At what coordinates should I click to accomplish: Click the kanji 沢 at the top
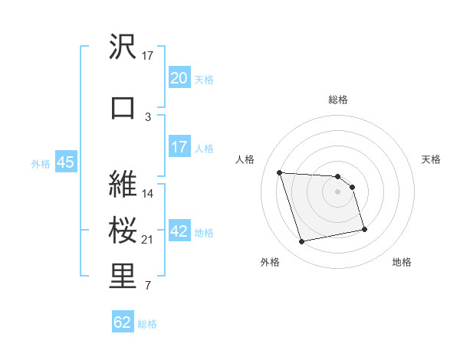pyautogui.click(x=123, y=47)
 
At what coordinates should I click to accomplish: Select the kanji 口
pyautogui.click(x=123, y=107)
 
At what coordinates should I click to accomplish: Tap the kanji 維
pyautogui.click(x=123, y=184)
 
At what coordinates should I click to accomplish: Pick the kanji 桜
pyautogui.click(x=123, y=231)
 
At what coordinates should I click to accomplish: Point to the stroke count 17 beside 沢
pyautogui.click(x=148, y=56)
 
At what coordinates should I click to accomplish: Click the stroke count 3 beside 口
pyautogui.click(x=148, y=116)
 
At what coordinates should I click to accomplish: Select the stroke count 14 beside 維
pyautogui.click(x=148, y=194)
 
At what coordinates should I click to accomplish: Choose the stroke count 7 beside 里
pyautogui.click(x=148, y=286)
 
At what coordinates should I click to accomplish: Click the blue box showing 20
pyautogui.click(x=179, y=78)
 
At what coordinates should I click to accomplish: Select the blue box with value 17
pyautogui.click(x=179, y=147)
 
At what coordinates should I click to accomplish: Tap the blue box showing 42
pyautogui.click(x=179, y=232)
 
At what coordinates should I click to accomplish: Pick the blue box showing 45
pyautogui.click(x=65, y=162)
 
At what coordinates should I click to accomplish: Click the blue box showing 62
pyautogui.click(x=123, y=322)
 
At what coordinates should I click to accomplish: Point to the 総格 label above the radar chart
pyautogui.click(x=338, y=100)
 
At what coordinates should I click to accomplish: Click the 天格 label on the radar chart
pyautogui.click(x=431, y=159)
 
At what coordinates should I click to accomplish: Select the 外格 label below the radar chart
pyautogui.click(x=270, y=262)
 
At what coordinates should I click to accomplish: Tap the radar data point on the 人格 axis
pyautogui.click(x=280, y=172)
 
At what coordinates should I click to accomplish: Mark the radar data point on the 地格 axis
pyautogui.click(x=364, y=229)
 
